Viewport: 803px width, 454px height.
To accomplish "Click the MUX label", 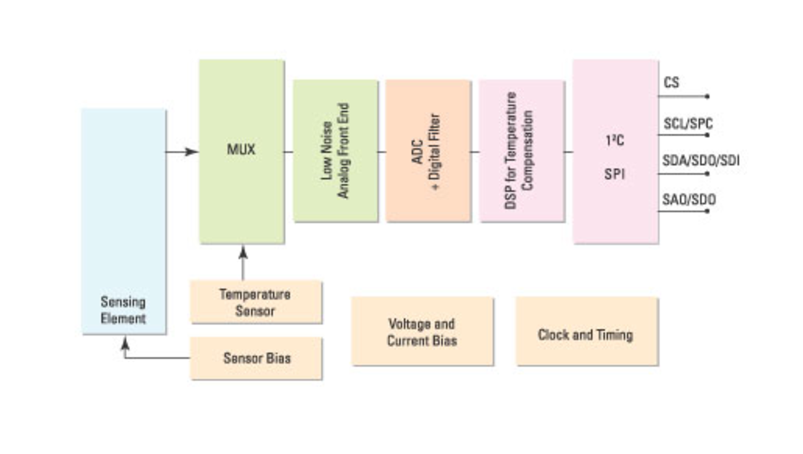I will [x=241, y=149].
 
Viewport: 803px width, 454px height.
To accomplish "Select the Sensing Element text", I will [x=123, y=310].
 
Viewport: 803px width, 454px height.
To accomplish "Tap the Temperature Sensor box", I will [x=256, y=302].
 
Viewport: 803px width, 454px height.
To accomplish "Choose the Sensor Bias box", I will [x=256, y=358].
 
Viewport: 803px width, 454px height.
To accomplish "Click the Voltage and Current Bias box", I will [x=422, y=332].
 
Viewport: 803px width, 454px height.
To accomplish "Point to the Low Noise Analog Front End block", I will [x=335, y=151].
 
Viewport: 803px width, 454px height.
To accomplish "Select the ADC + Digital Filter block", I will [x=427, y=151].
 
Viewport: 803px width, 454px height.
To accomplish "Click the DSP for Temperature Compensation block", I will [x=521, y=151].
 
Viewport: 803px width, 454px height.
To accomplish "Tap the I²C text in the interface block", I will [x=614, y=140].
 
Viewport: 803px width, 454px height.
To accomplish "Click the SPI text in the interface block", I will [x=614, y=174].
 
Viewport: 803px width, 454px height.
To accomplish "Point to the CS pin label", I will [x=671, y=82].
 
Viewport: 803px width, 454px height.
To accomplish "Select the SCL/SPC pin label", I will [x=688, y=123].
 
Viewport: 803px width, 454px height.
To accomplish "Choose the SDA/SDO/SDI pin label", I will [x=701, y=161].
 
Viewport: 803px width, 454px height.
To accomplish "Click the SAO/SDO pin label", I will [x=689, y=200].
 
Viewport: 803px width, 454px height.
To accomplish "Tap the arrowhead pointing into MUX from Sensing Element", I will [x=192, y=151].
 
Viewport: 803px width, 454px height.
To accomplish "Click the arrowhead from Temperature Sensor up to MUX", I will [x=243, y=252].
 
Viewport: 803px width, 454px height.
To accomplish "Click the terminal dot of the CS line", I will [x=707, y=97].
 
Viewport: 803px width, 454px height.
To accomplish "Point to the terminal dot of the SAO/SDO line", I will [x=707, y=211].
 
